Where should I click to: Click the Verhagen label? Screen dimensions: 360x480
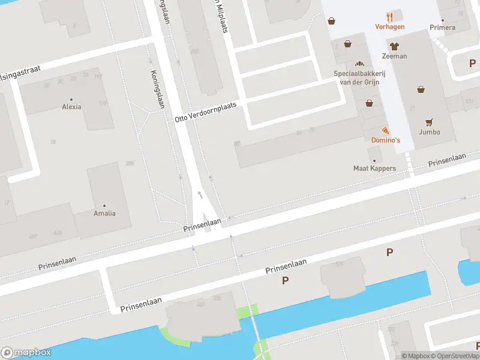389,26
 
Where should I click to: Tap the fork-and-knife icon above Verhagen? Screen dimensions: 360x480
389,16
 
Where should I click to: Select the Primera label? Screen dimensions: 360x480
442,28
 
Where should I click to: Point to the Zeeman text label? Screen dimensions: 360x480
394,56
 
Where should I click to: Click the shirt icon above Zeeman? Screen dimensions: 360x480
394,46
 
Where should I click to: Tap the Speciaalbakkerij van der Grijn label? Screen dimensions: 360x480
359,77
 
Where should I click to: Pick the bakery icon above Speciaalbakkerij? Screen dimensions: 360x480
359,64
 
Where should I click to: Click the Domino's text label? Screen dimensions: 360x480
385,140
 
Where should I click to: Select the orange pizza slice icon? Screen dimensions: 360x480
385,130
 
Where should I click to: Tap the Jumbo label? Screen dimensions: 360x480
430,132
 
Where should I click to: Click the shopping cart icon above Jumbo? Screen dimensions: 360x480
430,121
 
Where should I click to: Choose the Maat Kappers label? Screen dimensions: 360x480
374,169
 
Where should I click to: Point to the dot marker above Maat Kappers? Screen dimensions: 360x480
374,160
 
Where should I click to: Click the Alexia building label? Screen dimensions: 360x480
71,107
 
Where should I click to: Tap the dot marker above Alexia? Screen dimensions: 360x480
71,99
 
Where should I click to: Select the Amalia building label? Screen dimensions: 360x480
104,213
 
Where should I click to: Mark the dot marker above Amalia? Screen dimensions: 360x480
104,205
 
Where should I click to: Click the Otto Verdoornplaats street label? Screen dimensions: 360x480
205,112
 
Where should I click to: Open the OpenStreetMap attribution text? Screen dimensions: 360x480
454,356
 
